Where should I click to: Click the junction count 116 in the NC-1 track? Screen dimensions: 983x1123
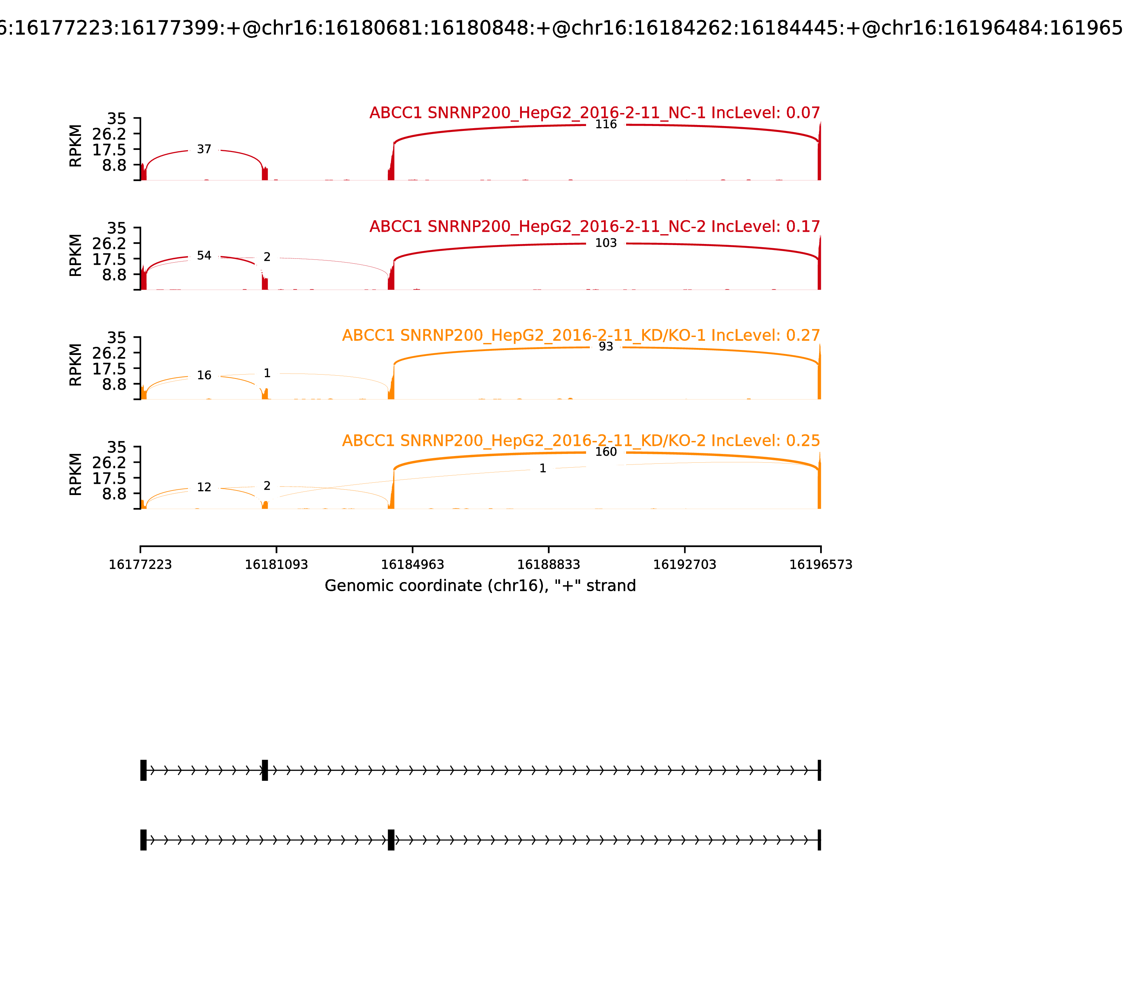click(x=606, y=125)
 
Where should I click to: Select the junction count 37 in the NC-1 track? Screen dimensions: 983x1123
click(x=204, y=149)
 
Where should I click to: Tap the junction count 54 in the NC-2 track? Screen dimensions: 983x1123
click(x=204, y=256)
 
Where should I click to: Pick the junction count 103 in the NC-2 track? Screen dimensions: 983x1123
click(x=606, y=243)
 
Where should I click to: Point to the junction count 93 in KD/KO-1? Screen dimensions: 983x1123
click(x=606, y=347)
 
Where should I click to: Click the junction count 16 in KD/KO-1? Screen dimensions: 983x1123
click(x=204, y=375)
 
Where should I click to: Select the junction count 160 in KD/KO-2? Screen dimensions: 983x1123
click(x=606, y=452)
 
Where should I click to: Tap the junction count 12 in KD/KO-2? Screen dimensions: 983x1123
click(x=204, y=487)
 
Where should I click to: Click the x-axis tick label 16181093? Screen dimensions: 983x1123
click(x=277, y=565)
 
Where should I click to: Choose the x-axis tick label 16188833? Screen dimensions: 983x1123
click(x=548, y=565)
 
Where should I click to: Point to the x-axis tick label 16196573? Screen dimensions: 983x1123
click(x=820, y=565)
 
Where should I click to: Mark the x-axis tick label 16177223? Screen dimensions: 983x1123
click(x=140, y=565)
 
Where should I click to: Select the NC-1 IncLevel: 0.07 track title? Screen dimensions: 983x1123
click(x=594, y=113)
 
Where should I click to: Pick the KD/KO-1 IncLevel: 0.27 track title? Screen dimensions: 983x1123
click(x=581, y=335)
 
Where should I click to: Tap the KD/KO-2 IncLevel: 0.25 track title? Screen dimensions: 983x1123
click(x=581, y=441)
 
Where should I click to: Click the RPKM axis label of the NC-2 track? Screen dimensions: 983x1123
click(x=76, y=255)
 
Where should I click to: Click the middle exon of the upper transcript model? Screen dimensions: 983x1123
click(x=265, y=770)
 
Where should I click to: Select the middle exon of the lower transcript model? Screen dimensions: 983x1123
click(x=391, y=840)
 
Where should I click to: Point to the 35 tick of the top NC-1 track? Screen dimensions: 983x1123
click(x=116, y=119)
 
